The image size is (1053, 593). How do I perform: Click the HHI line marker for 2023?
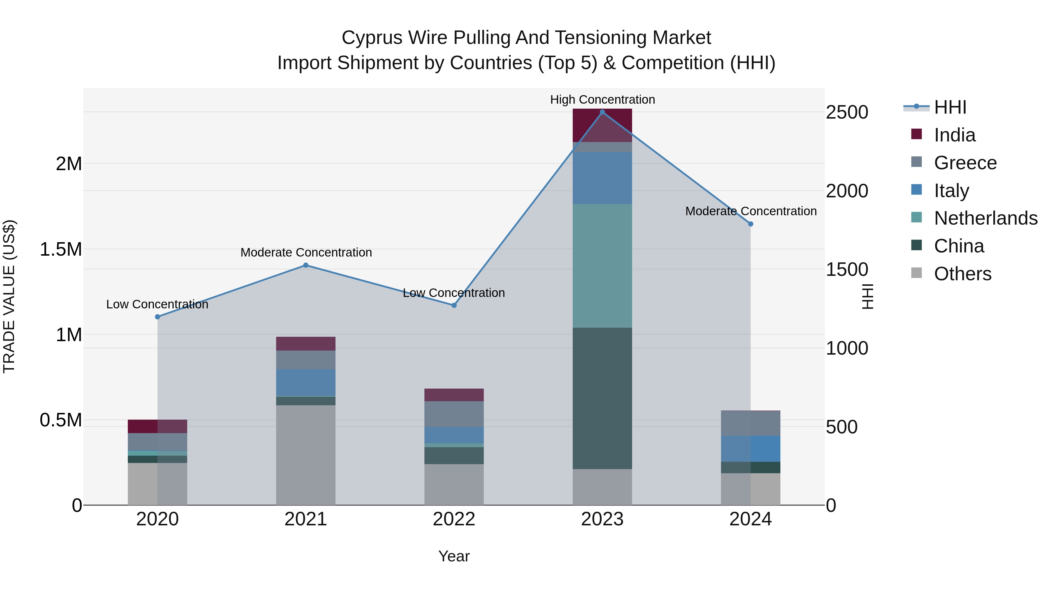[x=602, y=112]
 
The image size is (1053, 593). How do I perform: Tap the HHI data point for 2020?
[x=157, y=317]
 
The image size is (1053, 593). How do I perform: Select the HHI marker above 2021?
[x=306, y=265]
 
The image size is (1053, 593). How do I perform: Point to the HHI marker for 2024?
[x=751, y=224]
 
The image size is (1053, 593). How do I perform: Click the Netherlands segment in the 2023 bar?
[x=602, y=266]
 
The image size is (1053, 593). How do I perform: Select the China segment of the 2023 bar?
[x=602, y=398]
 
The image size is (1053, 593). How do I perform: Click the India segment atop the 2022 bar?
[x=454, y=395]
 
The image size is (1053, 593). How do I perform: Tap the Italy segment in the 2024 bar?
[x=751, y=449]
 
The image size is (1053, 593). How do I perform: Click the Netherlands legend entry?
[x=985, y=218]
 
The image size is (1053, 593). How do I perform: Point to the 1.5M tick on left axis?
[x=61, y=249]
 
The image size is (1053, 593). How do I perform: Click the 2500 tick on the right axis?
[x=847, y=112]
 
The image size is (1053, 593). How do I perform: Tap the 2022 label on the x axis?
[x=454, y=519]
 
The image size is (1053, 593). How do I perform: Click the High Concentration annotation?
[x=603, y=100]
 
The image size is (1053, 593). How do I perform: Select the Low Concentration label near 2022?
[x=454, y=293]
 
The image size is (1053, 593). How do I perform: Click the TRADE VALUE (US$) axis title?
[x=9, y=296]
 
